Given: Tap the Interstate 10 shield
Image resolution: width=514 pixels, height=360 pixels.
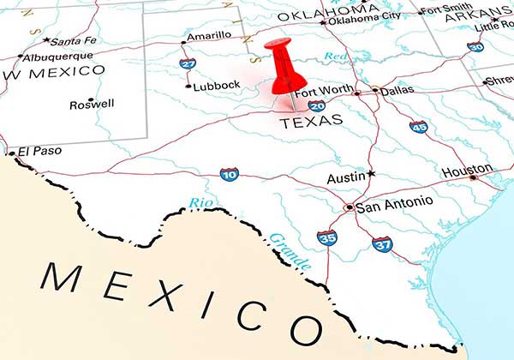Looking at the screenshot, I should (x=229, y=175).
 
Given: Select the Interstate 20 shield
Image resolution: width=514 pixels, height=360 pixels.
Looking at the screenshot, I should (x=317, y=105).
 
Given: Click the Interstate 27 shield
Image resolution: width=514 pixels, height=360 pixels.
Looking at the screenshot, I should (x=188, y=63).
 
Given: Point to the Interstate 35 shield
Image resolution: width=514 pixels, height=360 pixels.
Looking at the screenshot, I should (x=326, y=237).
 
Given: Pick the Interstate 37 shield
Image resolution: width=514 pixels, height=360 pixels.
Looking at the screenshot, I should (x=382, y=244).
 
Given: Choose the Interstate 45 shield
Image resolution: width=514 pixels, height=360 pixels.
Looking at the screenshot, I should (x=418, y=127).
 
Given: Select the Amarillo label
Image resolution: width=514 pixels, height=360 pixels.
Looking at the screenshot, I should (x=210, y=35).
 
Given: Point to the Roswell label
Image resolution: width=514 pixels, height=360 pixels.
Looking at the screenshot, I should (x=92, y=104).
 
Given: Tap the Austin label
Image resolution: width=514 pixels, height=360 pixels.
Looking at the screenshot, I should (x=346, y=178).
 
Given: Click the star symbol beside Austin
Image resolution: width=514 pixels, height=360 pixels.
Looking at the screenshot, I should (x=371, y=174).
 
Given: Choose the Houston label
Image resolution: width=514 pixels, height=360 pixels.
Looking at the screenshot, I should (x=467, y=171).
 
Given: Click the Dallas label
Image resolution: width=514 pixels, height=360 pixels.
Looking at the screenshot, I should (x=397, y=89).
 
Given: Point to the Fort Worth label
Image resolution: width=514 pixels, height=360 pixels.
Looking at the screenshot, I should (x=323, y=91).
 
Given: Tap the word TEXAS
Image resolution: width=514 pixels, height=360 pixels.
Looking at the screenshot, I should (x=312, y=119).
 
